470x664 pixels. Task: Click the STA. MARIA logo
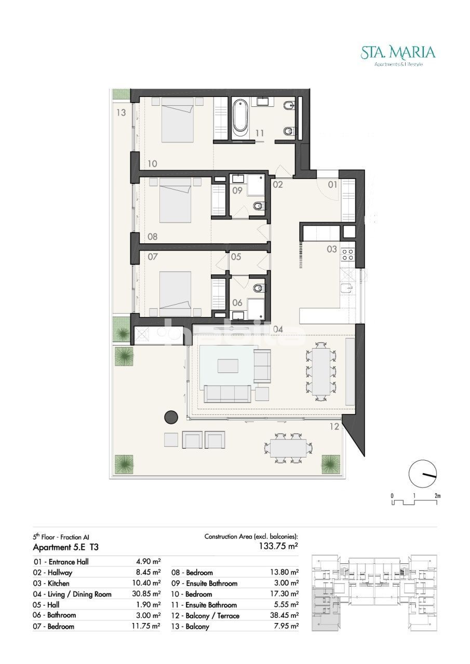point(398,56)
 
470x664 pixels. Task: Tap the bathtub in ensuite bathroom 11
point(240,119)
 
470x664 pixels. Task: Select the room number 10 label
point(152,163)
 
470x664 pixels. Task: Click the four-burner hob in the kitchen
point(348,255)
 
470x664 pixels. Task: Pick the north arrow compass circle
point(423,474)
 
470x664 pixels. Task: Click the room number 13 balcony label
point(121,113)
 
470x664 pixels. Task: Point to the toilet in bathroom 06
point(258,287)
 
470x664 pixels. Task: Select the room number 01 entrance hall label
point(332,185)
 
